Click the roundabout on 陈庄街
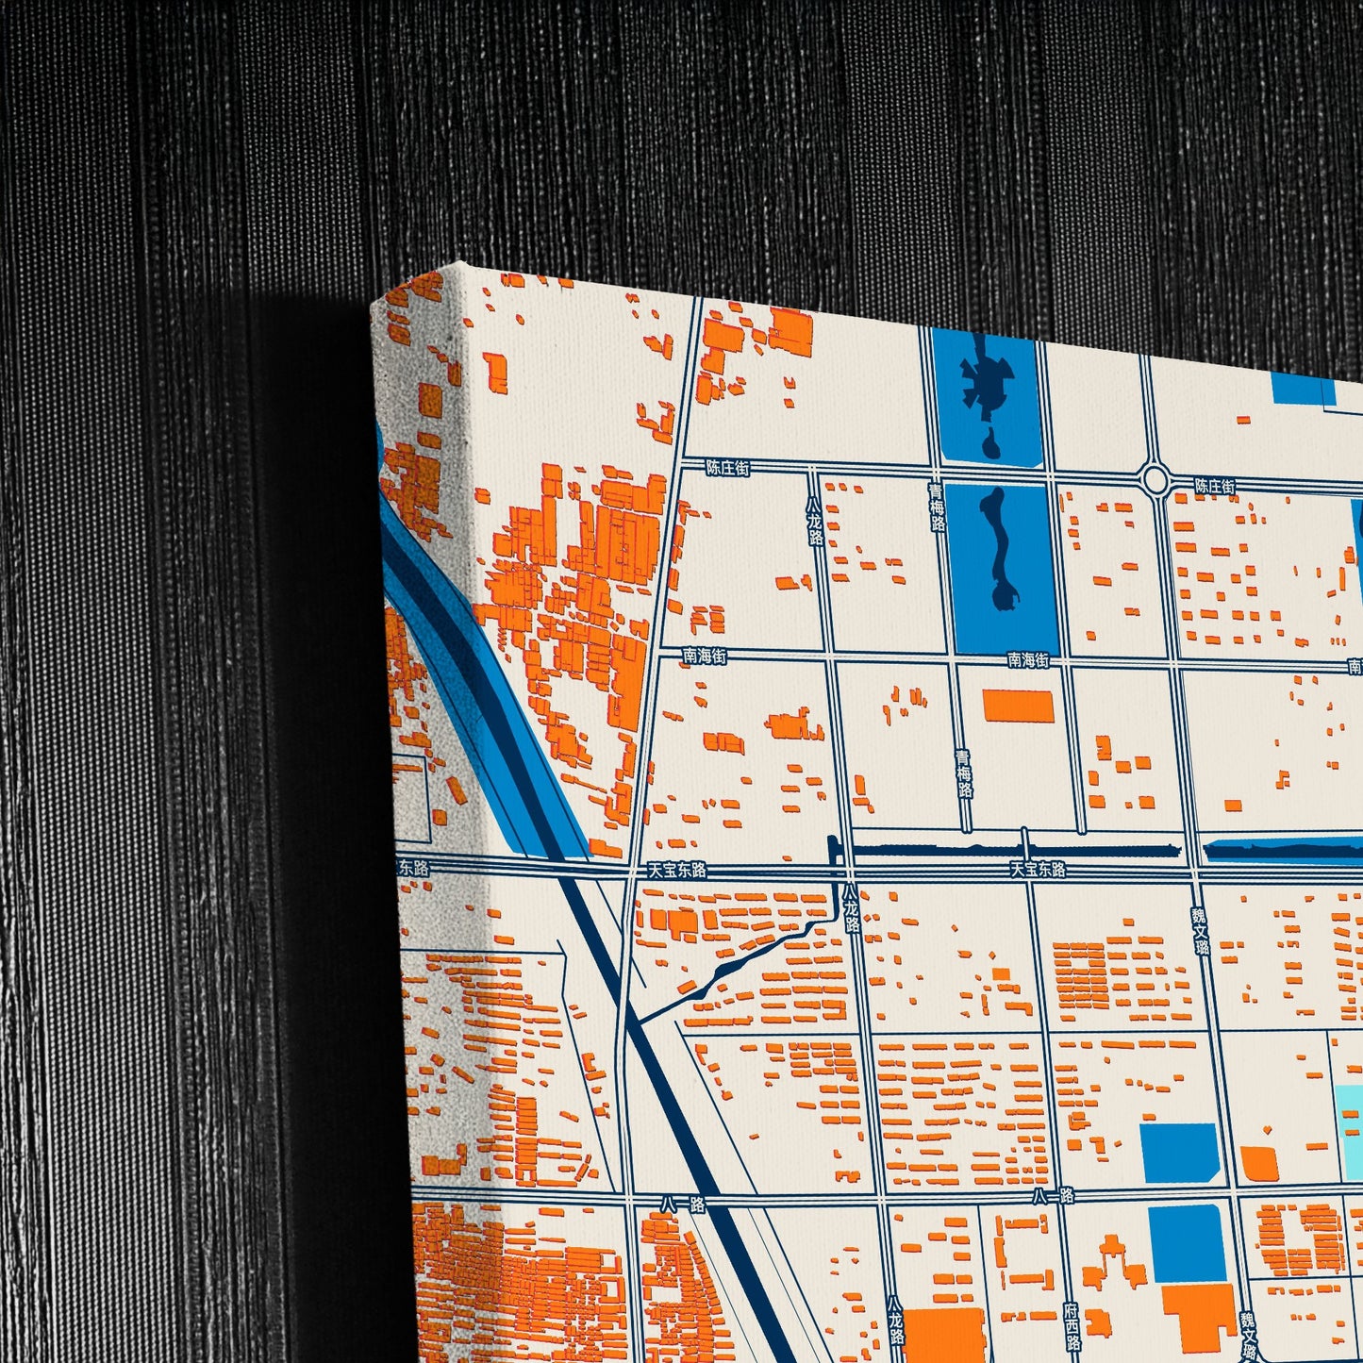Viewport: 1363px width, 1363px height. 1155,478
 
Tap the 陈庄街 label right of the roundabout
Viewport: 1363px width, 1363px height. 1214,487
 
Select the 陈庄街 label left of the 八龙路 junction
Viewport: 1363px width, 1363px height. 728,467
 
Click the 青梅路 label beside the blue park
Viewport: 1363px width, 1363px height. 937,507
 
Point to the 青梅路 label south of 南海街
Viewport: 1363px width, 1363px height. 963,773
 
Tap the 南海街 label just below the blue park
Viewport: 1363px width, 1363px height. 1027,660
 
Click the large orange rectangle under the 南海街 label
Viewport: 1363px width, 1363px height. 1018,706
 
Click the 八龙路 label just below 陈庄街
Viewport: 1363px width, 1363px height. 814,523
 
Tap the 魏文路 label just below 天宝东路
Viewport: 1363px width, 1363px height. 1200,929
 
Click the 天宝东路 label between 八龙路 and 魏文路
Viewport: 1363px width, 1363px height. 1038,869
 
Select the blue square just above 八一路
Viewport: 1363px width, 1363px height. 1179,1153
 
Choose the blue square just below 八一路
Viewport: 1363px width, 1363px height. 1187,1242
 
